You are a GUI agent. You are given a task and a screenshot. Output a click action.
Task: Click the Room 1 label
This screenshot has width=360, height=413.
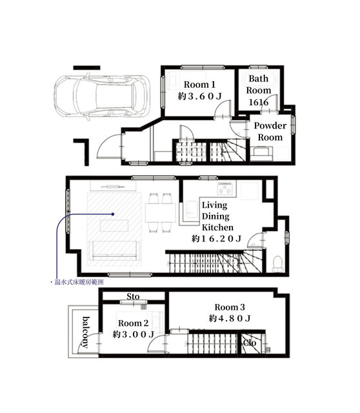(199, 85)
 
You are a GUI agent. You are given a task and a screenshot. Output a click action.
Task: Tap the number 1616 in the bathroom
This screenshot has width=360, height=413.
(258, 102)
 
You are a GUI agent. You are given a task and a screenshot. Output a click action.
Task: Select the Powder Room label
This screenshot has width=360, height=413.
(270, 132)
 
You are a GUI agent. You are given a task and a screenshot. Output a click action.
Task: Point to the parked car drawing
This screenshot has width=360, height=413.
(102, 97)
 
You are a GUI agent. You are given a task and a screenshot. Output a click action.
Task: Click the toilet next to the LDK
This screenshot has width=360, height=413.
(277, 264)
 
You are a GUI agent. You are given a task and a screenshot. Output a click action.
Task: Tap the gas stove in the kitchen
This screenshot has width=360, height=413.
(225, 188)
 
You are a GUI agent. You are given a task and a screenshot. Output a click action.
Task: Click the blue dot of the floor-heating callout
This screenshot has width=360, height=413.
(113, 214)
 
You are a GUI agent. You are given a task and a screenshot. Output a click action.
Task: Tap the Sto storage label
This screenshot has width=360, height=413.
(133, 296)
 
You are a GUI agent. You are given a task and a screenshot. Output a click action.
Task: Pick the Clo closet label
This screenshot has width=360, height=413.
(250, 343)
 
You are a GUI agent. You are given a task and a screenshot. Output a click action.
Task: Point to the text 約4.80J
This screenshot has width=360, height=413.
(230, 318)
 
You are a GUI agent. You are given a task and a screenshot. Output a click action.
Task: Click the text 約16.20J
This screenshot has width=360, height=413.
(216, 239)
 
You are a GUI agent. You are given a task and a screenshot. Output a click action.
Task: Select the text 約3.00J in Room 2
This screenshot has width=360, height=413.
(134, 334)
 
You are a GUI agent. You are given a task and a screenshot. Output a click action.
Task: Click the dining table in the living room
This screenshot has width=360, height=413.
(161, 212)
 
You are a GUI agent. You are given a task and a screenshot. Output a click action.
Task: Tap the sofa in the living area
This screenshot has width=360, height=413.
(114, 250)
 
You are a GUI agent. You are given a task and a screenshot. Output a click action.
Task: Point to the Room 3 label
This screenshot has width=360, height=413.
(230, 307)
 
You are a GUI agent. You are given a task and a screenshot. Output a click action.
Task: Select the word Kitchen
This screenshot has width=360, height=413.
(217, 227)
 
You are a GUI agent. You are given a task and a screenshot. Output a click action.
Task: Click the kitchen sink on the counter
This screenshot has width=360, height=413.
(192, 210)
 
